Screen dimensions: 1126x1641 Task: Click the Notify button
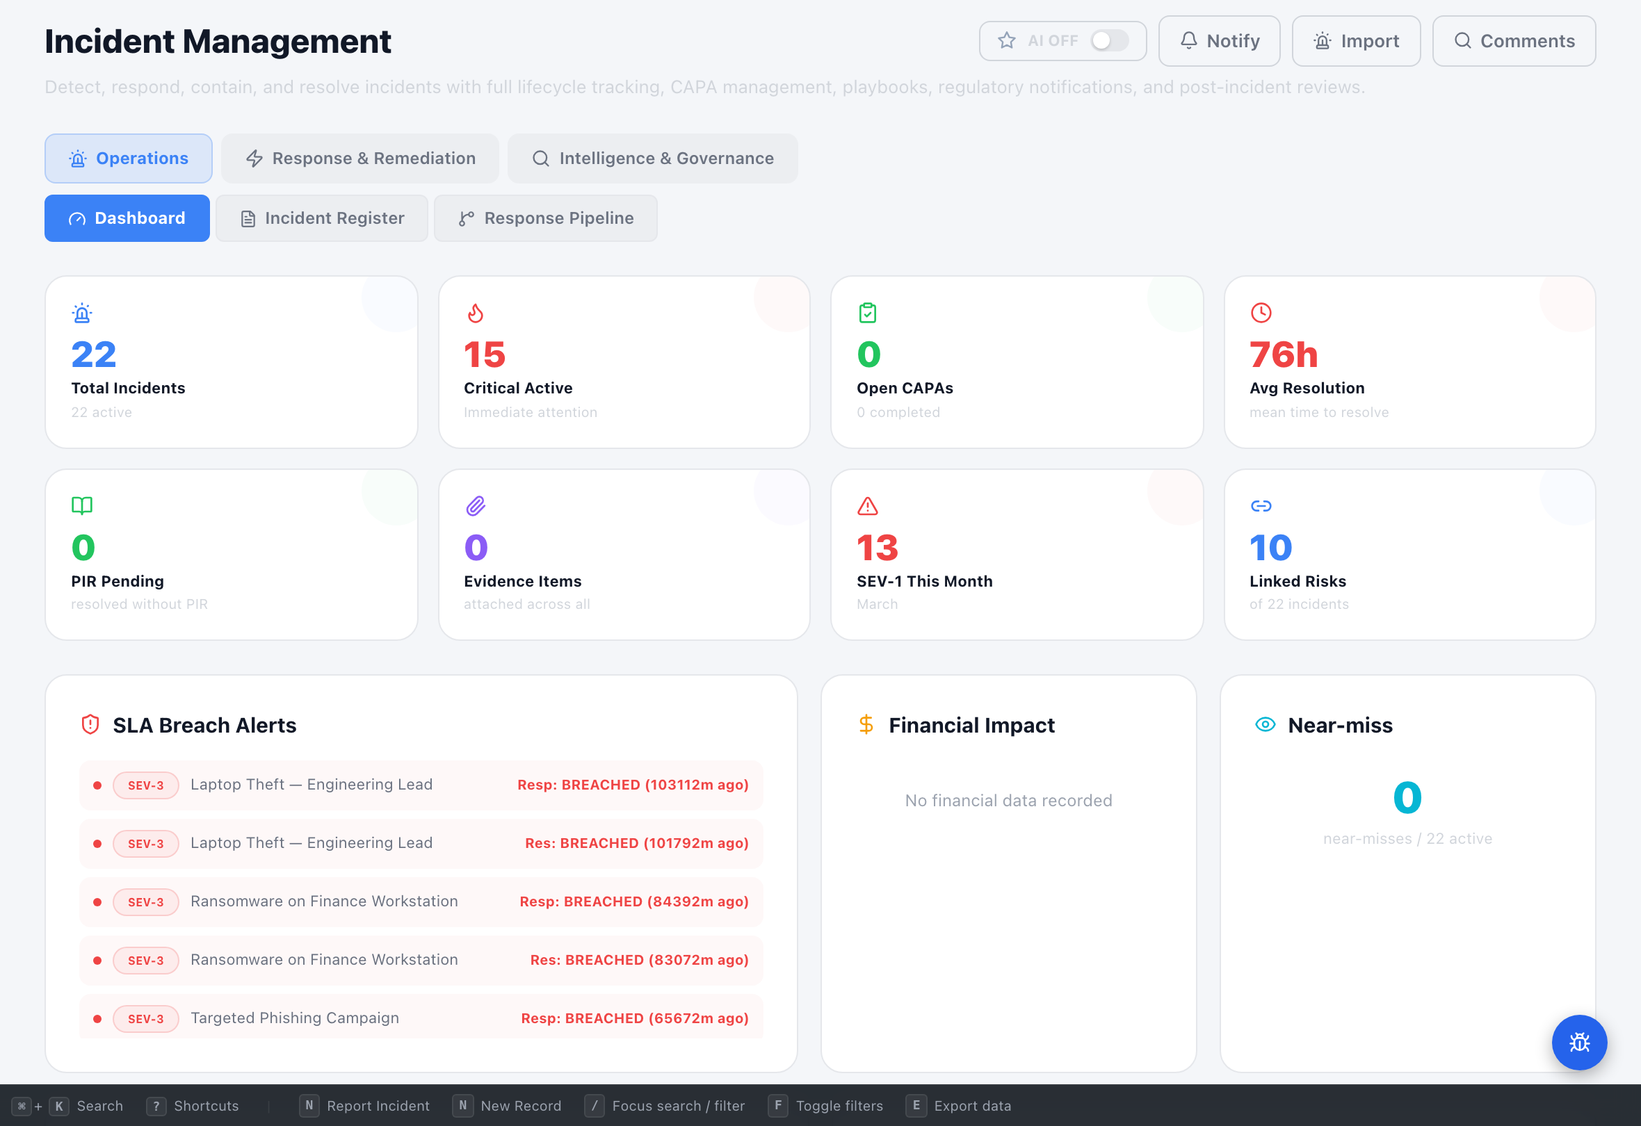pos(1219,41)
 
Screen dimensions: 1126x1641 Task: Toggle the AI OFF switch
pos(1108,41)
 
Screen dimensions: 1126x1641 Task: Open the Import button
pos(1356,41)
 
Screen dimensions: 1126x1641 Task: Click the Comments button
pos(1513,41)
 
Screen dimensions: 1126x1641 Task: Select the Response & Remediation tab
pos(360,158)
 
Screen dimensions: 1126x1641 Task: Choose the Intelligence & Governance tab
pos(652,158)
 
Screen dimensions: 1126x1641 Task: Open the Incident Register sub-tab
pos(322,218)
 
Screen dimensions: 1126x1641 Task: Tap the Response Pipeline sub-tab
pos(545,218)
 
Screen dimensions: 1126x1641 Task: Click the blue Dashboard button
pos(127,218)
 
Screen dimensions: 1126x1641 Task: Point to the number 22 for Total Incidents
pos(93,354)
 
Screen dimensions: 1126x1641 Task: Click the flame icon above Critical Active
pos(475,313)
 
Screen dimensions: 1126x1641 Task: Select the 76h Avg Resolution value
pos(1283,354)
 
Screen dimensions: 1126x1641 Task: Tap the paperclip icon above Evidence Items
pos(475,505)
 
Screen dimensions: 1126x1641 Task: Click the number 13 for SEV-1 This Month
pos(877,548)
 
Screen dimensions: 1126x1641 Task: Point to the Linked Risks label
pos(1297,581)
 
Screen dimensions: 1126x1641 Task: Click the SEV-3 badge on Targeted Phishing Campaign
pos(145,1019)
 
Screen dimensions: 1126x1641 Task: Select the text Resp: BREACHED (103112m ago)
pos(633,785)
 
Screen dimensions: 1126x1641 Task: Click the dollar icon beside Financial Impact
pos(866,724)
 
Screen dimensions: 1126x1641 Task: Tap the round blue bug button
pos(1579,1042)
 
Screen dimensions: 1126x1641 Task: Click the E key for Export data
pos(916,1105)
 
